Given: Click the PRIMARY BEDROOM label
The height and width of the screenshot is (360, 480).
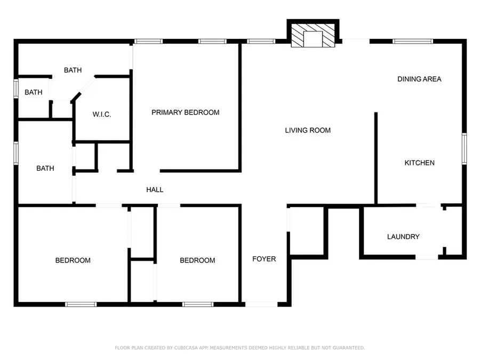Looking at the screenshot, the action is point(186,113).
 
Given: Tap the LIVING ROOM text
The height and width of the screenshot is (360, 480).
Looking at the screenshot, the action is point(308,131).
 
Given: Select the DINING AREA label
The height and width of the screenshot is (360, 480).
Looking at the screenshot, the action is point(419,79).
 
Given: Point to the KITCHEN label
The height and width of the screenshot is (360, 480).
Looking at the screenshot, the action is point(419,163).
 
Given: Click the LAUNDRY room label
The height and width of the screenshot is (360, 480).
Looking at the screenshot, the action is point(403,237).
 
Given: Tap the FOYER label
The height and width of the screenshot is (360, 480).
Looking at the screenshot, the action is point(264,259).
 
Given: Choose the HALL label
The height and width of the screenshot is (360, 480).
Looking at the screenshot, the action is point(155,190).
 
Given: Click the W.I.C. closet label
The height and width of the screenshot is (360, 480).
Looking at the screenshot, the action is point(102,115).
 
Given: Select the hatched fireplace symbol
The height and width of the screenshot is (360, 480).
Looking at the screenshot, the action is point(313,36).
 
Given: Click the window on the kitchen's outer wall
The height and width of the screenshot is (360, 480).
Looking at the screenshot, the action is point(464,149).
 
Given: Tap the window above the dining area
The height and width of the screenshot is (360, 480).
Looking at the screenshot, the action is point(413,41).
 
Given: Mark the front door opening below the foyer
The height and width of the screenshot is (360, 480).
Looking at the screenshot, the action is point(261,305).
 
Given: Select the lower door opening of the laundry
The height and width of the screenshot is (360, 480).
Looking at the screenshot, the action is point(427,257).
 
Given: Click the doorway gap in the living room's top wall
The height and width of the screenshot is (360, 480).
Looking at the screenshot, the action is point(356,41).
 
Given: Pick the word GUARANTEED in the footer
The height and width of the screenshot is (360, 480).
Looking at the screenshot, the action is point(349,348).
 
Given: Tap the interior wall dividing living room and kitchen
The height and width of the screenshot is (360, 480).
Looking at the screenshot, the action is point(376,158).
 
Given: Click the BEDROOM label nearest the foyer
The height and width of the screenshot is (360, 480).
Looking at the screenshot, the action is point(197,260).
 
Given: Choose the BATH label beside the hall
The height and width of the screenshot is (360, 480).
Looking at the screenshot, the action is point(45,169).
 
